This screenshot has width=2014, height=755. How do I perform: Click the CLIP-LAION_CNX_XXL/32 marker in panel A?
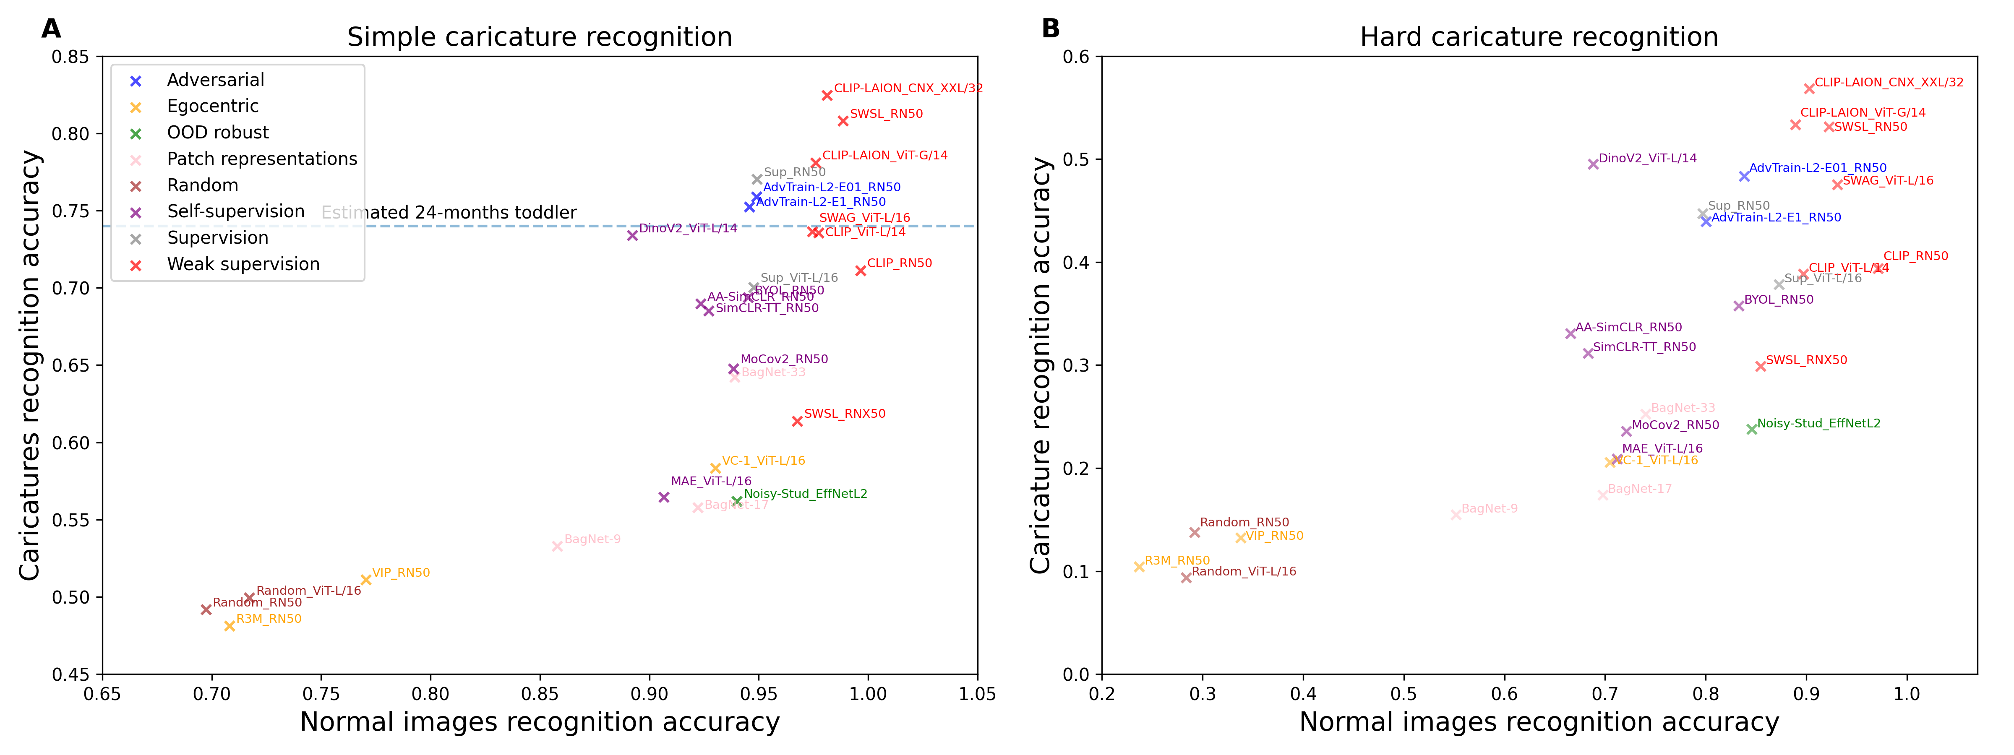[827, 95]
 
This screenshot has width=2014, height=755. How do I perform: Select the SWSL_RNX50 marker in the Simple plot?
[798, 421]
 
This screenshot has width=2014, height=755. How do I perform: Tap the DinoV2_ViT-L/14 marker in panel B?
[1594, 164]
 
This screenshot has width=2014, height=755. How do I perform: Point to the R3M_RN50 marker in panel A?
[230, 626]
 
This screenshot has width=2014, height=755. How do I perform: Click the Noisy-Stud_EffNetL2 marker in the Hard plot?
[1752, 429]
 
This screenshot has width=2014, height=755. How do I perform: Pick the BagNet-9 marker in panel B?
[1456, 515]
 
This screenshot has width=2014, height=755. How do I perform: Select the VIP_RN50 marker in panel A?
[366, 580]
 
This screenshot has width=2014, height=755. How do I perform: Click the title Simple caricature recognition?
[540, 37]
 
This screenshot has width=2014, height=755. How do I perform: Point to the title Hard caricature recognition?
[1539, 37]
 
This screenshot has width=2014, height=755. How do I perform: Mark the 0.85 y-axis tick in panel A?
[70, 57]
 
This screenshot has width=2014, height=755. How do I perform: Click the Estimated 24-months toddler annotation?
[449, 213]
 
